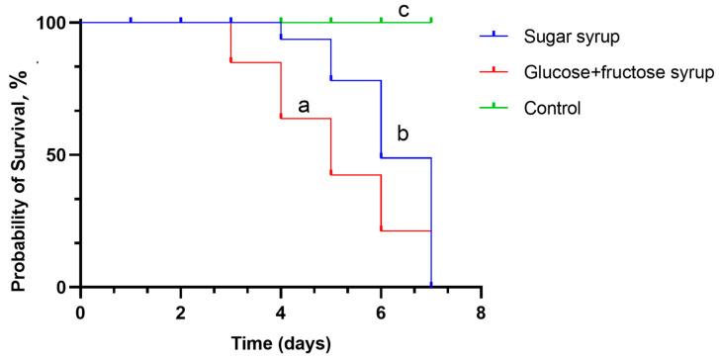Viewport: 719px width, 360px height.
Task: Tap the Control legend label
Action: point(552,106)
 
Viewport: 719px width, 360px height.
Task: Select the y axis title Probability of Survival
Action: point(18,153)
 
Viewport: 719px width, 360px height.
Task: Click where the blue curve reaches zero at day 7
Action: point(431,286)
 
